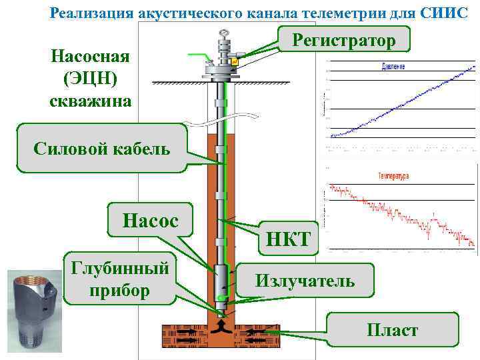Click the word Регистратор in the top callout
345,41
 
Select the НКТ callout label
288,238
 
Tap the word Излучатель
305,281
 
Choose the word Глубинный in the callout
118,269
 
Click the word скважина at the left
91,101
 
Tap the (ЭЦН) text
91,78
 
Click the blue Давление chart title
393,67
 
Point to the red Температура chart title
393,176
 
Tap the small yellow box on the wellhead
235,62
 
